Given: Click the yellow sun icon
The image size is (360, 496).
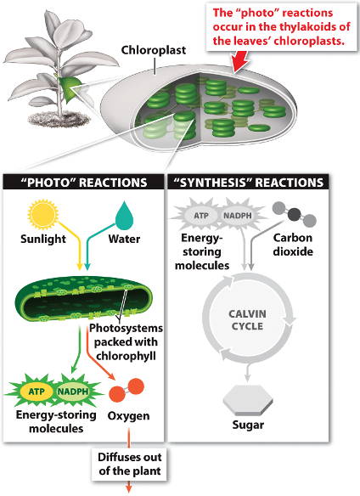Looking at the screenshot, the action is (43, 214).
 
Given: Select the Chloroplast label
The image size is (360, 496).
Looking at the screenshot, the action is (154, 50).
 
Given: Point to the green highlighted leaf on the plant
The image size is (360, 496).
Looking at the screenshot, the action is (69, 89).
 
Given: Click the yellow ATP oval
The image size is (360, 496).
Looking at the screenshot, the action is (37, 392).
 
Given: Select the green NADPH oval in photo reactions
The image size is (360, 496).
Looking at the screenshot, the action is (73, 392).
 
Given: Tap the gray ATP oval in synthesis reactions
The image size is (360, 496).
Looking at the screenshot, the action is (201, 216).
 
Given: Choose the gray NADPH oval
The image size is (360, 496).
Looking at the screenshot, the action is (238, 216).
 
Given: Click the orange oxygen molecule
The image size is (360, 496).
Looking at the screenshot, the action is (127, 390).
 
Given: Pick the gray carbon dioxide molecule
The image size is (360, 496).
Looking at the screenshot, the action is (295, 214).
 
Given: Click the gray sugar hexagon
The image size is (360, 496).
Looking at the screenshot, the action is (248, 400).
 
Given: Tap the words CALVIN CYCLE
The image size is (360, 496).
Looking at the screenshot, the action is (247, 320).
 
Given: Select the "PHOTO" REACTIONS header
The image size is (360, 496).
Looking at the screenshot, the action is (84, 183).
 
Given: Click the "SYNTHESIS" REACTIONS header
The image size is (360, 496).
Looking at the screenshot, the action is (248, 183).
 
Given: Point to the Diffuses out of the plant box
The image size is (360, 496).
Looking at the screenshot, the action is (130, 464).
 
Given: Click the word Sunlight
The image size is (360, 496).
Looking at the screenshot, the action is (43, 239).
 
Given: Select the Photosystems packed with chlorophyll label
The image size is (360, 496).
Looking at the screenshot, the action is (126, 342).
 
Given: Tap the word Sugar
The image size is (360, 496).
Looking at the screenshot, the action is (248, 425).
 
